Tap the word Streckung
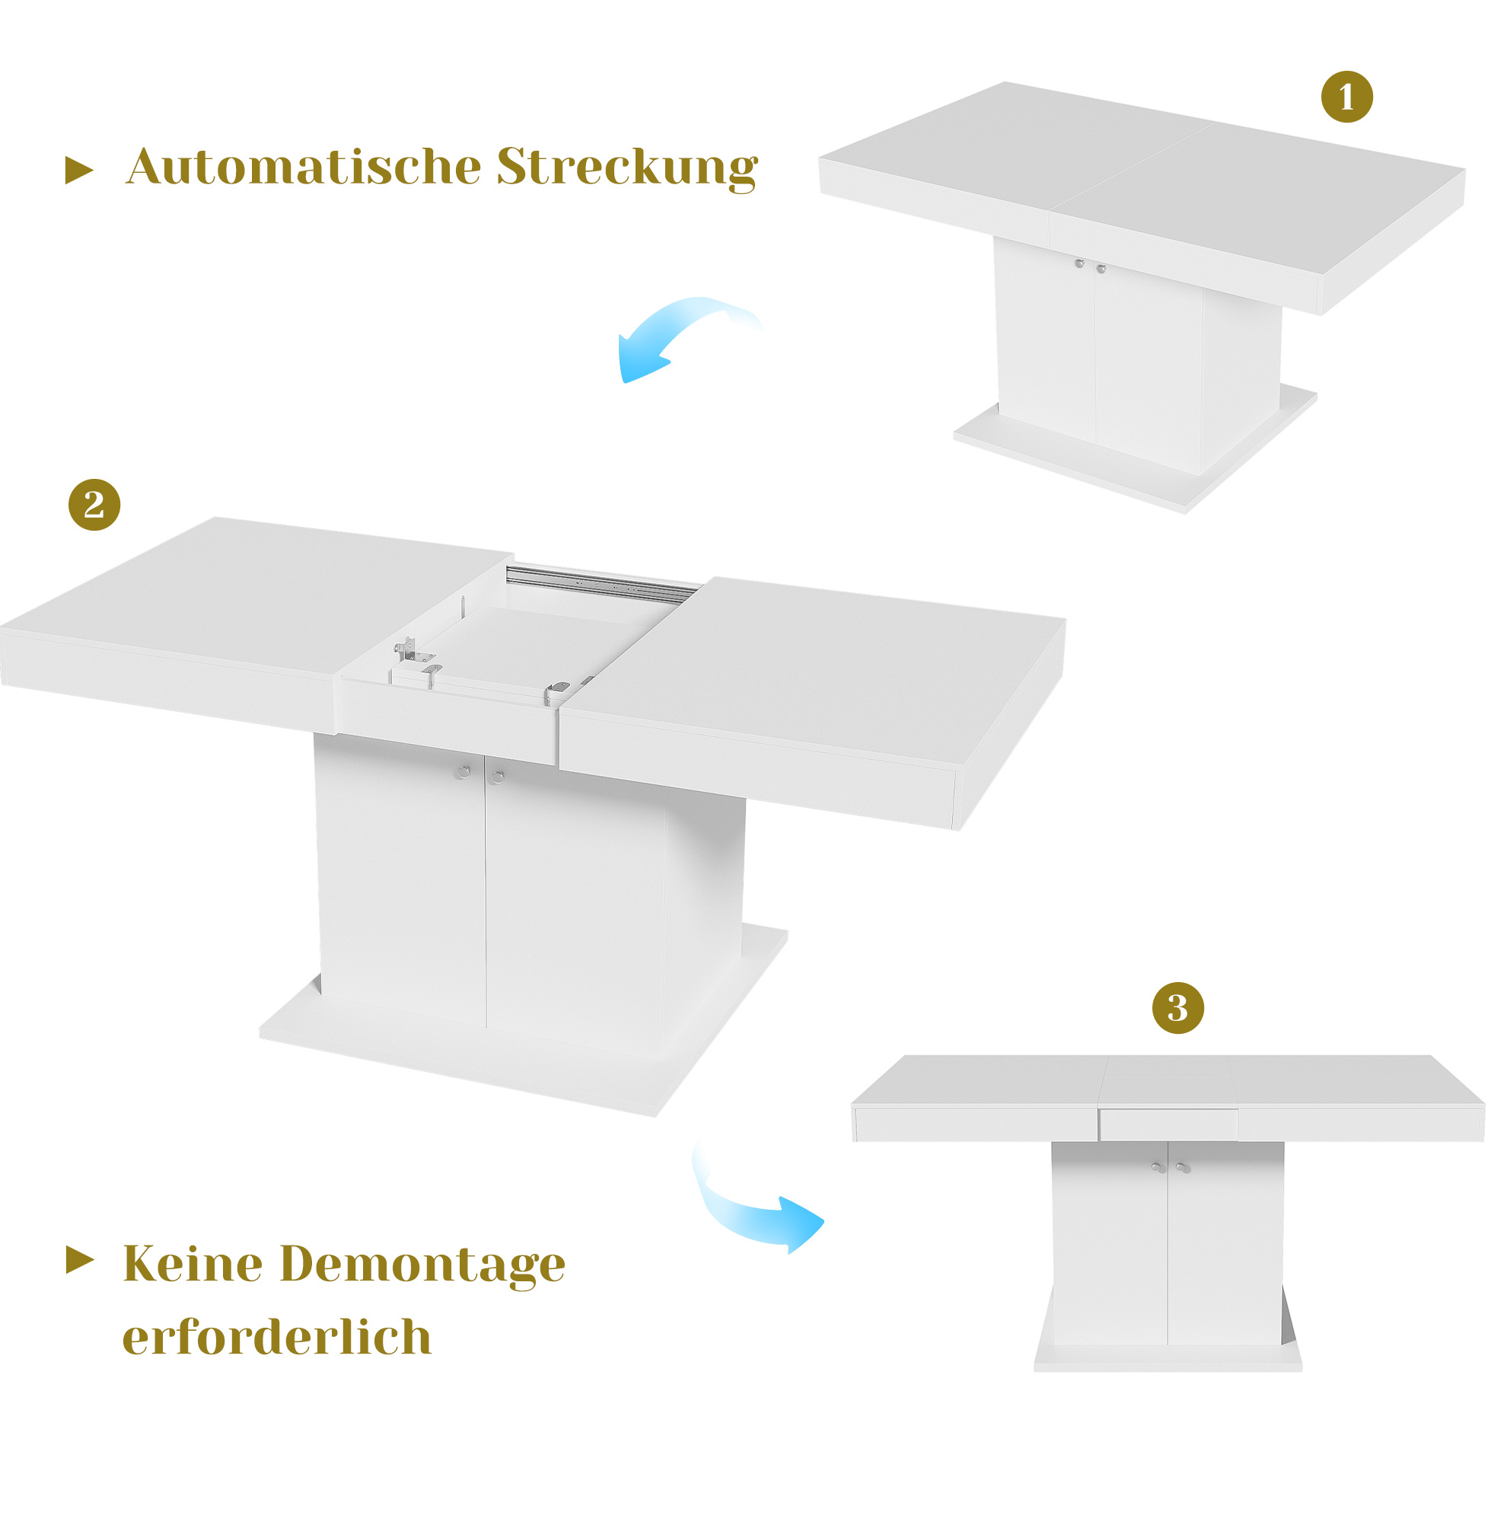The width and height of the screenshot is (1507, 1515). coord(627,167)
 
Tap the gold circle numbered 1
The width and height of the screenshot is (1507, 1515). coord(1346,97)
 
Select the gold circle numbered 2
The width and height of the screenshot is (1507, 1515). coord(94,504)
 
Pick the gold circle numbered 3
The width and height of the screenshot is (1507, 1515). coord(1177,1008)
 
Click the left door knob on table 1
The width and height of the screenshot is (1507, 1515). coord(1079,263)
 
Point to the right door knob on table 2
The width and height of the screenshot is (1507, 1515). coord(497,777)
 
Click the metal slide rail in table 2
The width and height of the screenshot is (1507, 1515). coord(602,582)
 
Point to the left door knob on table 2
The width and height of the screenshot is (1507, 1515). coord(463,772)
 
